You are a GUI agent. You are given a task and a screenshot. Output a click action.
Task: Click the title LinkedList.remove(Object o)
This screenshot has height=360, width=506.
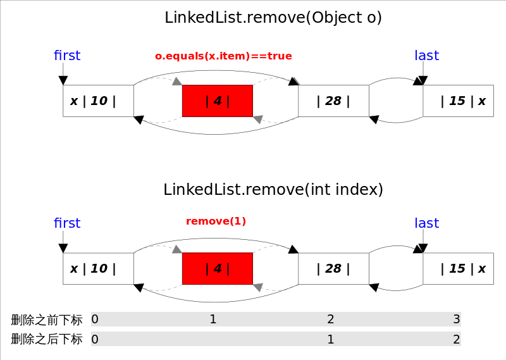tap(273, 18)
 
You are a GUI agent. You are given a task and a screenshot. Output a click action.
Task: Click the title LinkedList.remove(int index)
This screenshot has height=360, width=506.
tap(273, 189)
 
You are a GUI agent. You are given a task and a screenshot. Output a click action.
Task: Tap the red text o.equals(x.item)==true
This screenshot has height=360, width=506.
tap(223, 56)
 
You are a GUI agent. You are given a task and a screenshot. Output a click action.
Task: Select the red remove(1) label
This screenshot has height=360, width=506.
tap(216, 221)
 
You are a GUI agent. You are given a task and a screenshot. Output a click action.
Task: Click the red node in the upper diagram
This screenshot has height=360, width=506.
tap(218, 101)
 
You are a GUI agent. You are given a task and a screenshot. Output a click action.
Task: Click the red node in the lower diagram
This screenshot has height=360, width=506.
tap(218, 268)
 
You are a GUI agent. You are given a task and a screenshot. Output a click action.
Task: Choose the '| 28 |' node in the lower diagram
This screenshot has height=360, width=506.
tap(333, 268)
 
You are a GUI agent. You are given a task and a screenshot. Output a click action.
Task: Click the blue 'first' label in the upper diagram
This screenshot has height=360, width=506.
tap(67, 56)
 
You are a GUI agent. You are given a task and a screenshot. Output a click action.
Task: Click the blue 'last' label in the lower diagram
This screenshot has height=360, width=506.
tap(426, 223)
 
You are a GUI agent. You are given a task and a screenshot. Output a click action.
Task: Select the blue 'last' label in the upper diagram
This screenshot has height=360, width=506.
tap(426, 56)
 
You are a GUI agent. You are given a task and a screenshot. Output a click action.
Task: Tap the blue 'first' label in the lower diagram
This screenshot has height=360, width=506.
tap(67, 223)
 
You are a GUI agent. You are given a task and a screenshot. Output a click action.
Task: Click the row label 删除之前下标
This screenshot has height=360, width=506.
tap(47, 320)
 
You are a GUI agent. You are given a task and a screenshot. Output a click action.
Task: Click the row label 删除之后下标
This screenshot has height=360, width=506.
tap(47, 339)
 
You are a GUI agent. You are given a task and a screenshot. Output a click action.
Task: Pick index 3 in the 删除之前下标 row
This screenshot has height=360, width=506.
tap(456, 320)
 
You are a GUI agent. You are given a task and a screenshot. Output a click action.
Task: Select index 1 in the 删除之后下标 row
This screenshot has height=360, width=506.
tap(330, 339)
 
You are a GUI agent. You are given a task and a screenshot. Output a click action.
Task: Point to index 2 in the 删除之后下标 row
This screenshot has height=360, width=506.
tap(456, 339)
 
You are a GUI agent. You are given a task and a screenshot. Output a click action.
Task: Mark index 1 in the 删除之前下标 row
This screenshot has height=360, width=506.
tap(213, 320)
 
